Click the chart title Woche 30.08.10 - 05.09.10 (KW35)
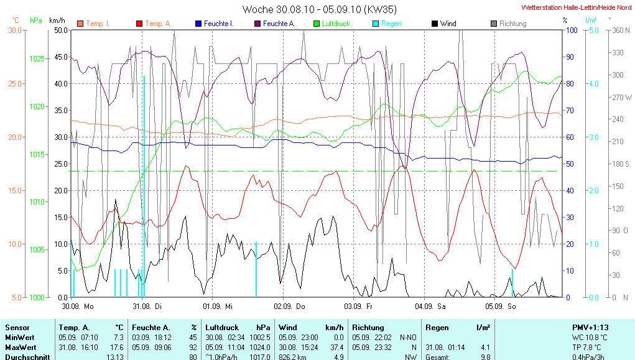[x=319, y=9]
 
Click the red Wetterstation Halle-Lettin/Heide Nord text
[x=577, y=7]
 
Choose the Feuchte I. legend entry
[x=214, y=24]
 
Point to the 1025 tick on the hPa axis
[x=37, y=58]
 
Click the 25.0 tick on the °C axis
[x=14, y=83]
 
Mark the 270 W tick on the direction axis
[x=622, y=98]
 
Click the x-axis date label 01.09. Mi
[x=218, y=307]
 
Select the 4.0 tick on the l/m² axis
[x=593, y=83]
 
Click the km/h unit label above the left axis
[x=57, y=21]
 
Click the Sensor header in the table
[x=17, y=327]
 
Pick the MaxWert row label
[x=21, y=347]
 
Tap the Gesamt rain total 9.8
[x=485, y=357]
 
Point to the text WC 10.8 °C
[x=589, y=337]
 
